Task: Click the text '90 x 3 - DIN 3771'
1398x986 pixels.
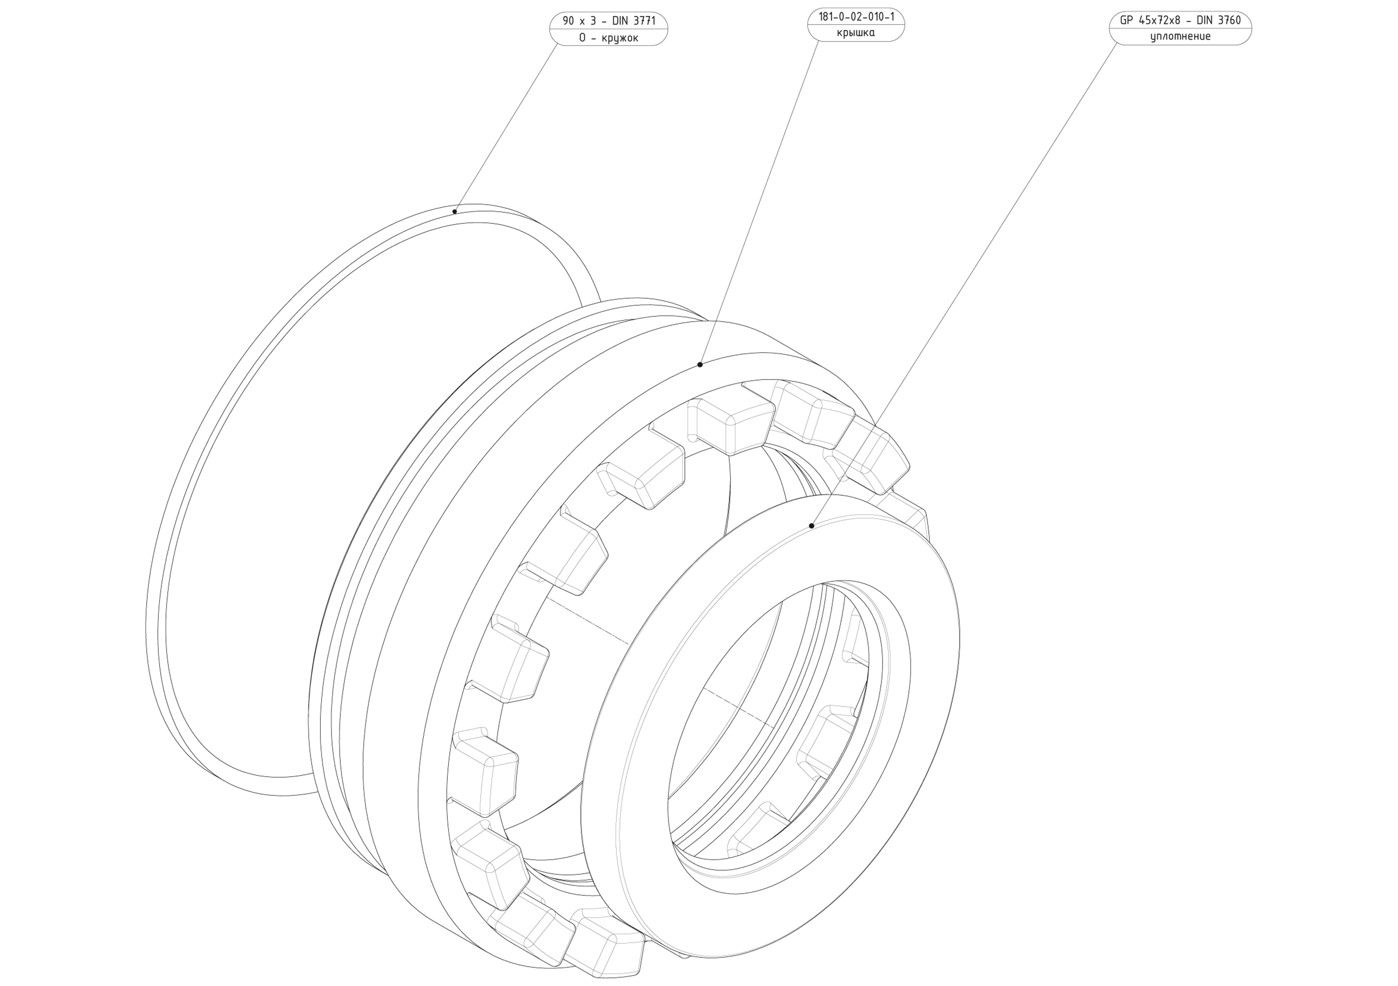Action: [609, 21]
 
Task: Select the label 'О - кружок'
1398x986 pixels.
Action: [609, 38]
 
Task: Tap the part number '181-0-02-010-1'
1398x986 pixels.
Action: [856, 17]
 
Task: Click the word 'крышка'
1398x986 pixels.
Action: [856, 33]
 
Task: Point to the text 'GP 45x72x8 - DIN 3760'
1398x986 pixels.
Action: [1180, 20]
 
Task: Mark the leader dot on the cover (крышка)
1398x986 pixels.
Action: [700, 365]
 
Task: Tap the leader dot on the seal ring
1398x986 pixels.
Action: [812, 525]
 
